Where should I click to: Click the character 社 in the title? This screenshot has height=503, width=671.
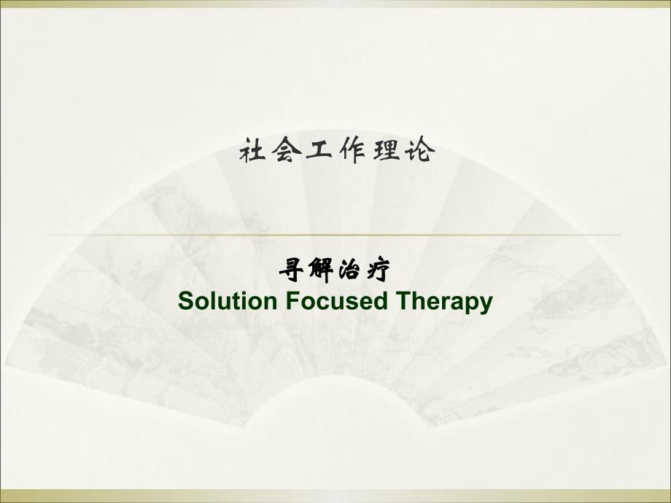coord(252,152)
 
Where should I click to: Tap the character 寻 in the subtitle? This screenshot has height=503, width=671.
coord(291,271)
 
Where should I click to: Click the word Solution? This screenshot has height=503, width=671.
coord(222,301)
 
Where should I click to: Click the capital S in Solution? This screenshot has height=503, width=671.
coord(185,301)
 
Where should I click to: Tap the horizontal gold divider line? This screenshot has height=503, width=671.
coord(335,235)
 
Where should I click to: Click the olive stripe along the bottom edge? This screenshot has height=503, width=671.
coord(335,496)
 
